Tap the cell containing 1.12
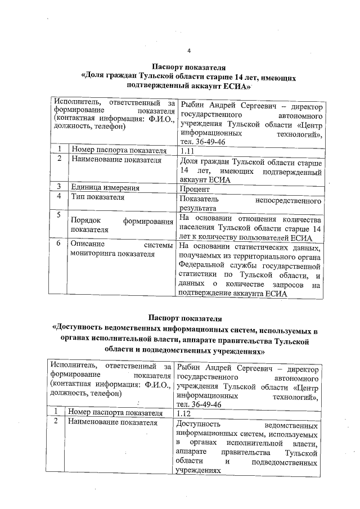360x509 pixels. point(184,412)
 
